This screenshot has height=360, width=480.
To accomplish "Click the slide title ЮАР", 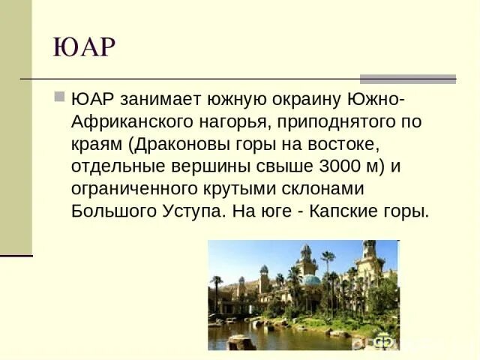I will (x=84, y=48).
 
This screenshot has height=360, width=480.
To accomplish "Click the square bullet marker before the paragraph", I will (x=60, y=98).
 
